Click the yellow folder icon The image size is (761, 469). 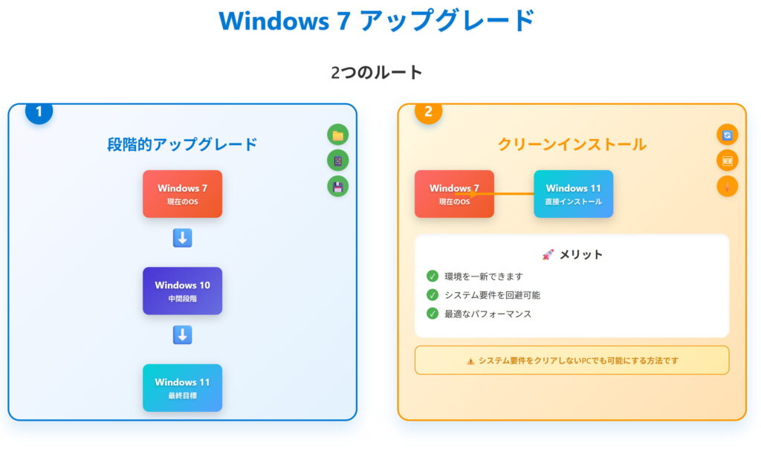pos(338,135)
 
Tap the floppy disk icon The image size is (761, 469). pos(338,186)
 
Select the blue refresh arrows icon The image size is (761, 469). pos(728,135)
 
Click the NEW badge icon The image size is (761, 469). pos(728,161)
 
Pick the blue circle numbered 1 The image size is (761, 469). pos(39,111)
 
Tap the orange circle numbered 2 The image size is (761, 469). pos(428,111)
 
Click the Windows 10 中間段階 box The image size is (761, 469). pos(182,291)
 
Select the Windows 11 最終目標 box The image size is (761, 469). pos(182,387)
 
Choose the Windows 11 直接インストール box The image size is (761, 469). pos(573,194)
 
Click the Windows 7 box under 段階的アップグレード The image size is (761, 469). pos(182,194)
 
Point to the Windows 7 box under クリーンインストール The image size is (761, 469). pos(454,194)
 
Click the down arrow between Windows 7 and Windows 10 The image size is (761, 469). pos(182,238)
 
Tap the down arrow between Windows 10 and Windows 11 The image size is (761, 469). pos(182,335)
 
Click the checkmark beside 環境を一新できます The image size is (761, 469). pos(433,276)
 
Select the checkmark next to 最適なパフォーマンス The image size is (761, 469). pos(433,314)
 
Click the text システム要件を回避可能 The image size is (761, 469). pos(492,295)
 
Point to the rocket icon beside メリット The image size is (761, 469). pos(548,254)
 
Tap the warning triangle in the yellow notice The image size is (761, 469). pos(470,361)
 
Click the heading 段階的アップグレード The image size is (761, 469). pos(182,144)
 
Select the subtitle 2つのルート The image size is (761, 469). pos(377,72)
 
